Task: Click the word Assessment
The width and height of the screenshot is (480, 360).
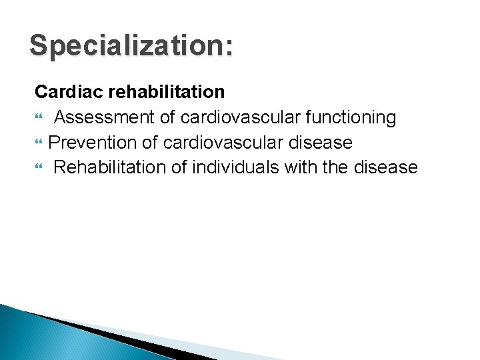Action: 105,118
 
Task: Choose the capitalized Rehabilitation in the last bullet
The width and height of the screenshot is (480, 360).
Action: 109,167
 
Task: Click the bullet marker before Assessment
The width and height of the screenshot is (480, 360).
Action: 38,119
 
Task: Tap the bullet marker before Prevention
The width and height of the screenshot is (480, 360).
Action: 38,143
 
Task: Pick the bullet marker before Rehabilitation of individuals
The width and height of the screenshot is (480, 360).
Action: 38,168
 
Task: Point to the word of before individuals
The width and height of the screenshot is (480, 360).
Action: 179,167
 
